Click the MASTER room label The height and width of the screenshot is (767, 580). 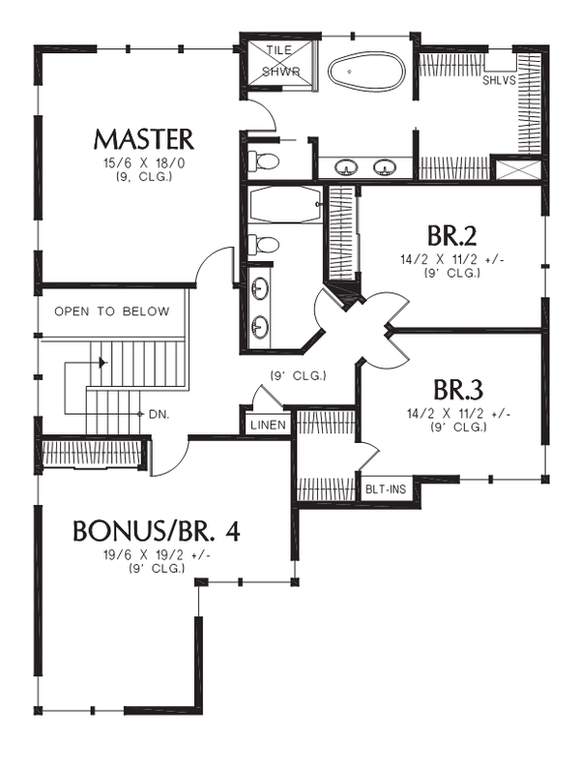[x=144, y=138]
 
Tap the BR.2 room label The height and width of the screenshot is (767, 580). [x=452, y=235]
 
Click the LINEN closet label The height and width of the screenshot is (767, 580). [x=266, y=425]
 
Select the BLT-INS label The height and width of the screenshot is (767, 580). [x=385, y=489]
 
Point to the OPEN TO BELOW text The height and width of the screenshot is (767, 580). [x=111, y=311]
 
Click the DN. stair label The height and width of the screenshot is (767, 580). [x=159, y=413]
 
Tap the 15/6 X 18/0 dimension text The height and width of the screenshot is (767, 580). [x=144, y=163]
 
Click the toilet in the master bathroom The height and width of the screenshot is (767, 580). [x=263, y=161]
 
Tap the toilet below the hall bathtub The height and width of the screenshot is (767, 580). [x=262, y=244]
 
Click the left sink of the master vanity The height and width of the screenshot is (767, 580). [x=344, y=168]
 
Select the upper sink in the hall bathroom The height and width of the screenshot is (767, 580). [x=259, y=287]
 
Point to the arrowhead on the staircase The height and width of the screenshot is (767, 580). [x=100, y=361]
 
